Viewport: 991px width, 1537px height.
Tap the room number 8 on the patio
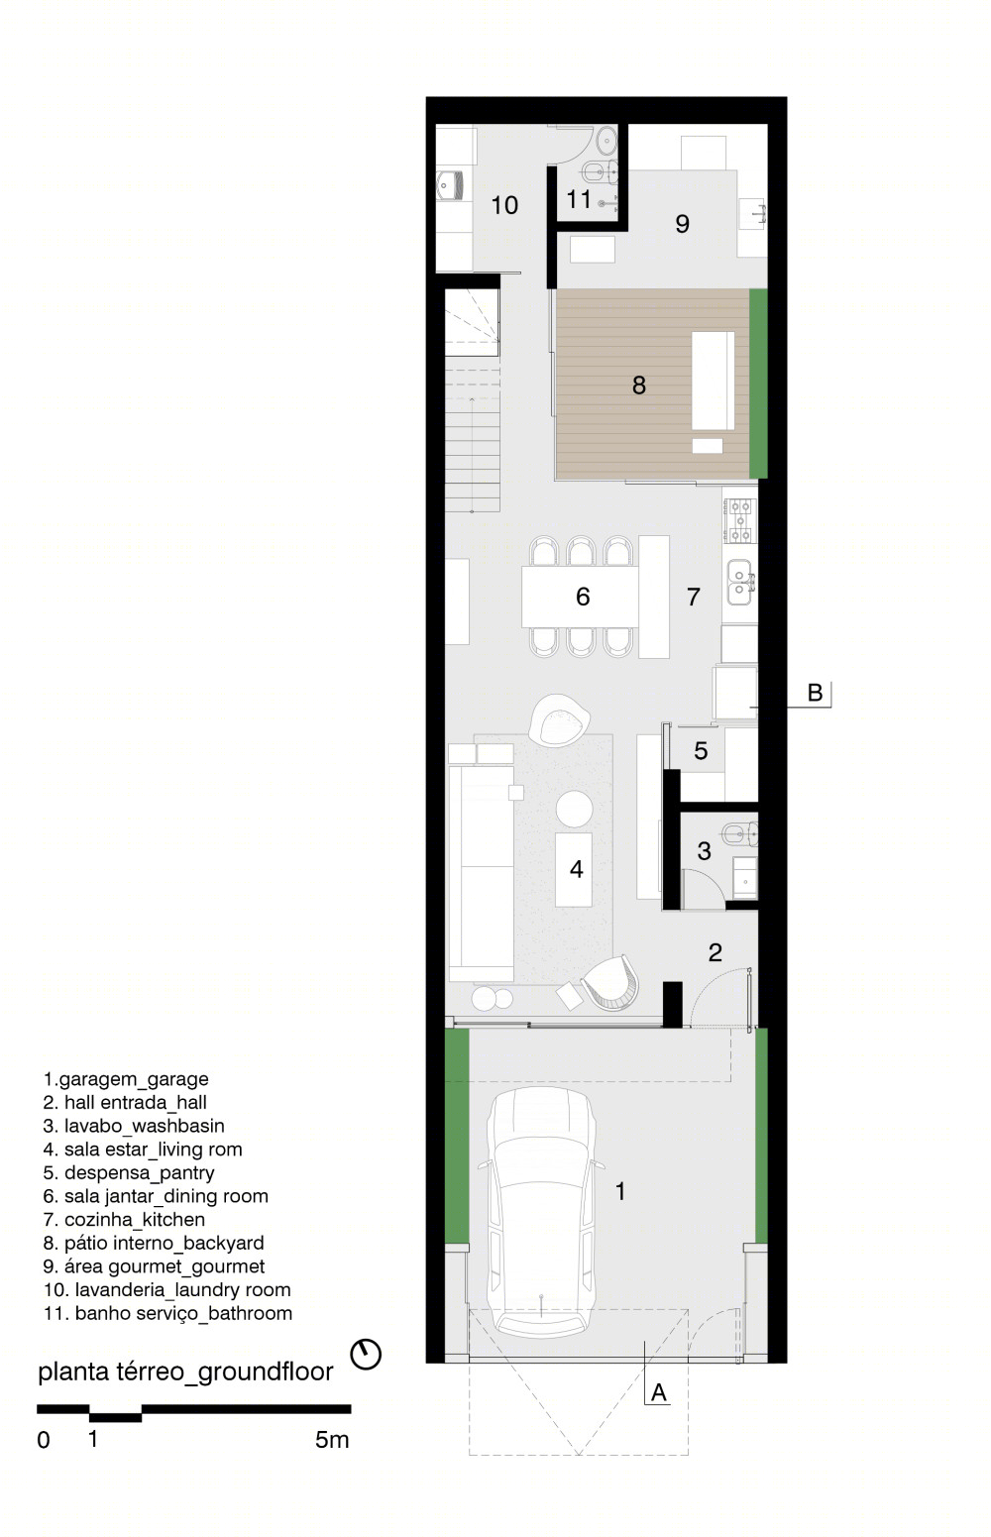639,385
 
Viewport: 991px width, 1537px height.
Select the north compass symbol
366,1355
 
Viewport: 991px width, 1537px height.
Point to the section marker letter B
815,693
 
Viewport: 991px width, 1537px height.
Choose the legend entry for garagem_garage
126,1078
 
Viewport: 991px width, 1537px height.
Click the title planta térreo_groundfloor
185,1371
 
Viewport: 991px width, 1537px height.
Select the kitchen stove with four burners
740,520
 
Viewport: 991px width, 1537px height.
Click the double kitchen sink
740,583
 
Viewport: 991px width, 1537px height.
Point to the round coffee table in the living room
574,809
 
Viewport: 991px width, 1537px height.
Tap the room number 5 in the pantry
701,750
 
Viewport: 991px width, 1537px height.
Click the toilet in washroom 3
740,834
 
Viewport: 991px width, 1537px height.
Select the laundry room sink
451,184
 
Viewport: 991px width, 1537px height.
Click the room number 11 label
579,199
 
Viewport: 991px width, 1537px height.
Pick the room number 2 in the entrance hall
715,951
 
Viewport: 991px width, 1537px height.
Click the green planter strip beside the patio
758,384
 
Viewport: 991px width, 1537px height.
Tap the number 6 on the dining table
583,597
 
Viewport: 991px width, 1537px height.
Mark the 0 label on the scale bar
44,1440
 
